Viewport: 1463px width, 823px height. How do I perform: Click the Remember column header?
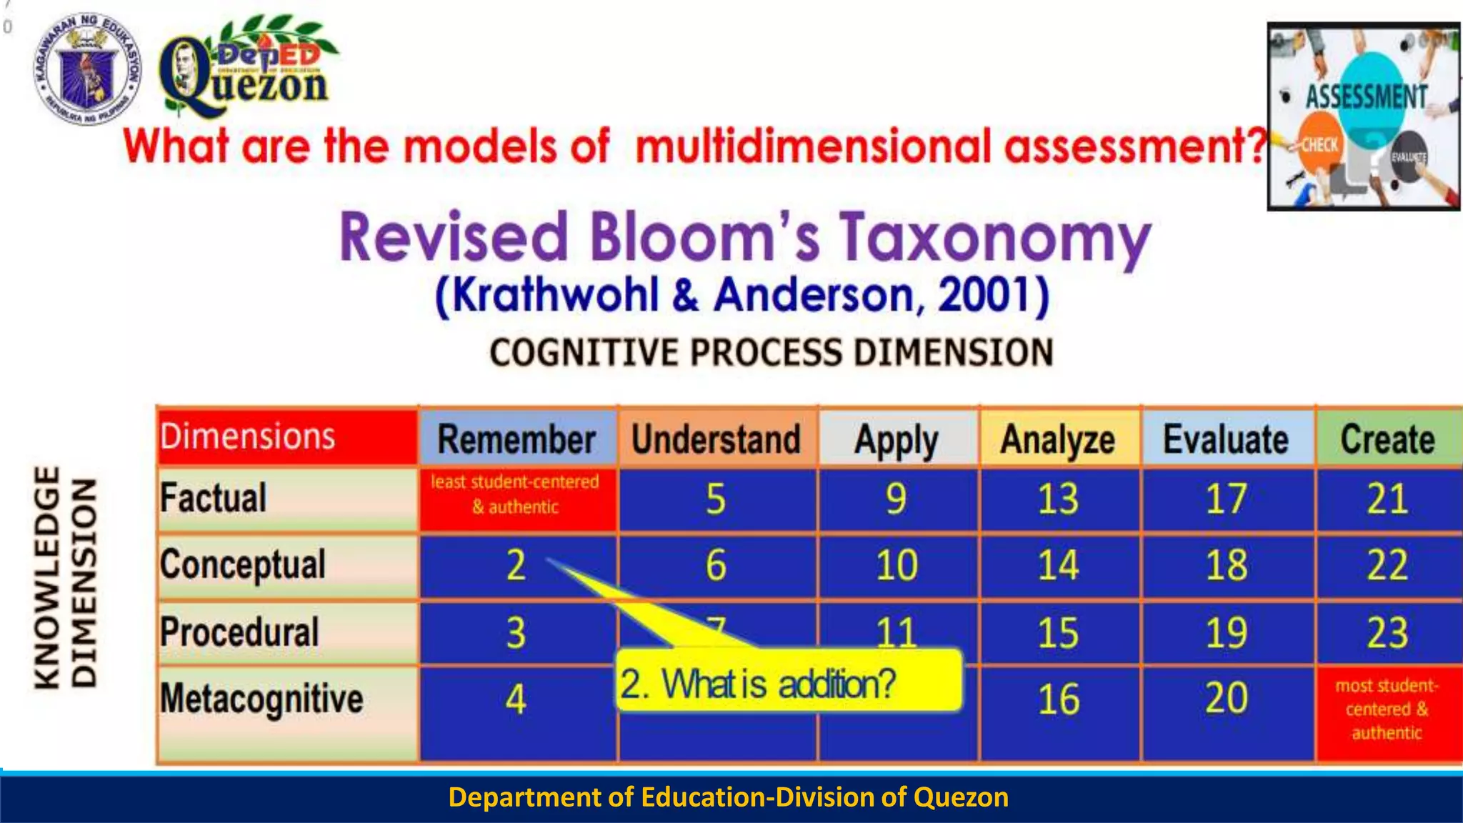click(x=517, y=439)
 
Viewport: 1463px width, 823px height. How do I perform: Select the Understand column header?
click(x=716, y=439)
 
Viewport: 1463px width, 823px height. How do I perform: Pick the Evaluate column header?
click(x=1226, y=439)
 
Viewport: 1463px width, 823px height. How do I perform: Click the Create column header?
click(x=1387, y=439)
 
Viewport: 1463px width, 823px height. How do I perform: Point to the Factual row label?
click(x=214, y=498)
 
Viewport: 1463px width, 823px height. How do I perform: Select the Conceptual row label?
click(x=243, y=565)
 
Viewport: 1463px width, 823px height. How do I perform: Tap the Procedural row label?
click(x=239, y=632)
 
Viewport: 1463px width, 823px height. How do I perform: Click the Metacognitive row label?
click(x=261, y=699)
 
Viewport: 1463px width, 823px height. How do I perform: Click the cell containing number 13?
click(x=1058, y=499)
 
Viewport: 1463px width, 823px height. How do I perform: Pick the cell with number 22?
click(x=1387, y=565)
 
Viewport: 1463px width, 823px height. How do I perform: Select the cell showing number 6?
click(x=716, y=565)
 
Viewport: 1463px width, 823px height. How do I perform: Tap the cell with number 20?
click(x=1226, y=699)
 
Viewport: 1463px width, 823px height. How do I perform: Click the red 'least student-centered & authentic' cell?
click(x=516, y=494)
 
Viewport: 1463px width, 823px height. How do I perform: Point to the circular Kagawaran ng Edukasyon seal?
click(x=87, y=68)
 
